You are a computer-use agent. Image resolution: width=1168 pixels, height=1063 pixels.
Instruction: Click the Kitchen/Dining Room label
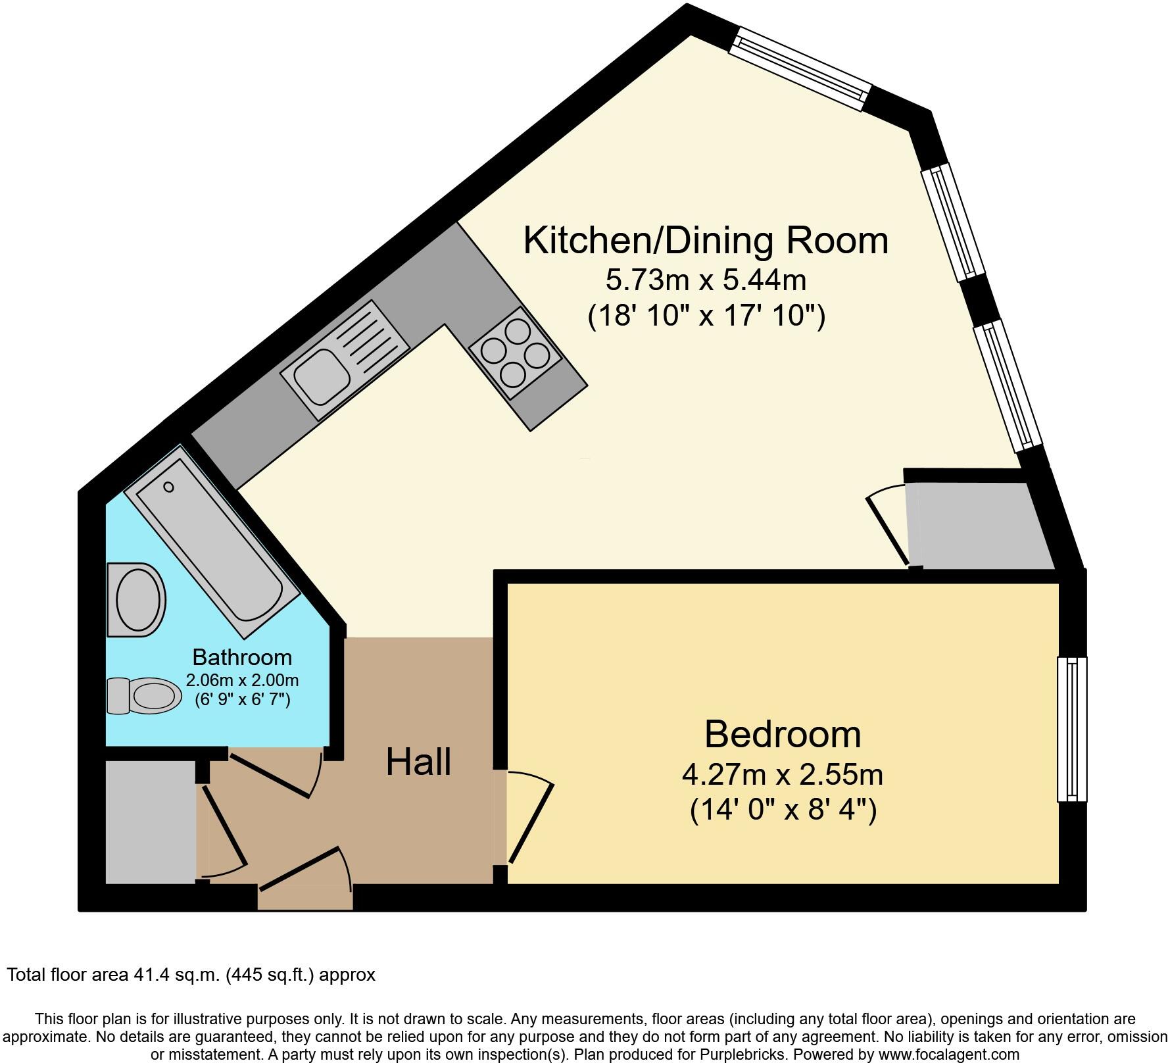706,241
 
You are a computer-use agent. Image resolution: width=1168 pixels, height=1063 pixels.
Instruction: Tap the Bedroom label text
782,734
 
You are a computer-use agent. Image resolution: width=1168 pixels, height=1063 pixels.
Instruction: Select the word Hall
418,762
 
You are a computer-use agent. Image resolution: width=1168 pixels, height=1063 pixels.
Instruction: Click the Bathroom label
242,657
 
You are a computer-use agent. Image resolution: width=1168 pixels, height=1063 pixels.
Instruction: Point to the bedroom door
531,822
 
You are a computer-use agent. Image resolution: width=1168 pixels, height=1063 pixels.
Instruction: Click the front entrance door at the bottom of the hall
304,868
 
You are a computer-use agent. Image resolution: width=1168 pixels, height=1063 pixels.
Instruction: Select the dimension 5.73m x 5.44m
706,281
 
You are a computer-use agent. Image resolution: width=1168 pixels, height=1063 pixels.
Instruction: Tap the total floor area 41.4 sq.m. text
191,975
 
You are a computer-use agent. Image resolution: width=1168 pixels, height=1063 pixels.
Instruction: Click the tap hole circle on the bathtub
169,487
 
